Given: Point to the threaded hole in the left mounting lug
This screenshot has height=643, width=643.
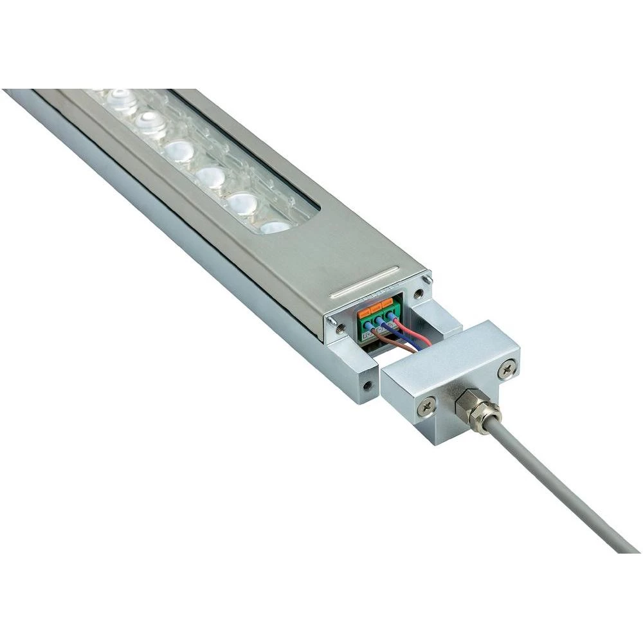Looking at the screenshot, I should tap(367, 387).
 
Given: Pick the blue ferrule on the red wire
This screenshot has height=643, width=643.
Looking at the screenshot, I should tap(392, 318).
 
